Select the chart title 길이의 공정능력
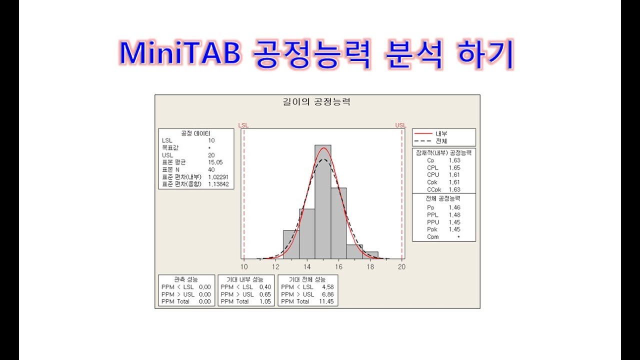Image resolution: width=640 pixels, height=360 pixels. [317, 102]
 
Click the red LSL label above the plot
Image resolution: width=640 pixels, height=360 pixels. [243, 125]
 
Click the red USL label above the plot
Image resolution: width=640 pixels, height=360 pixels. [400, 125]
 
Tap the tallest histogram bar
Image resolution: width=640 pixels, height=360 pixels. [322, 200]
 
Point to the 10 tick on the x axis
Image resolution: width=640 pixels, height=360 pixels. [243, 267]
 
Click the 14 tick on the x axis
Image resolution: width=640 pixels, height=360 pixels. [307, 267]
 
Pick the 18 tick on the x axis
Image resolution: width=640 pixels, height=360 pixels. [370, 267]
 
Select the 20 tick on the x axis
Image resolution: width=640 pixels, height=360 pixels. [401, 267]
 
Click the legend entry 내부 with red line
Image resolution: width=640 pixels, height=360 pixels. [440, 134]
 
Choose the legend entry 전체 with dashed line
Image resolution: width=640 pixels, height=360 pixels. [440, 141]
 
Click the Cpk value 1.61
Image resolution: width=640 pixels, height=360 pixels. [454, 182]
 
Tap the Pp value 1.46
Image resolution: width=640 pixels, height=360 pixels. [454, 207]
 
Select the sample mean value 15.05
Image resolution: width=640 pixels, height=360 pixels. [215, 162]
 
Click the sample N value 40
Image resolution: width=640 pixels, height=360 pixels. [211, 169]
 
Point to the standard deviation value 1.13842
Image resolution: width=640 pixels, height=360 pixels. [218, 184]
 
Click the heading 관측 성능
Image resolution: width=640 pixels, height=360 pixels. [186, 279]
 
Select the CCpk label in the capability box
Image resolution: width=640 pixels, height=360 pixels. [433, 190]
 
